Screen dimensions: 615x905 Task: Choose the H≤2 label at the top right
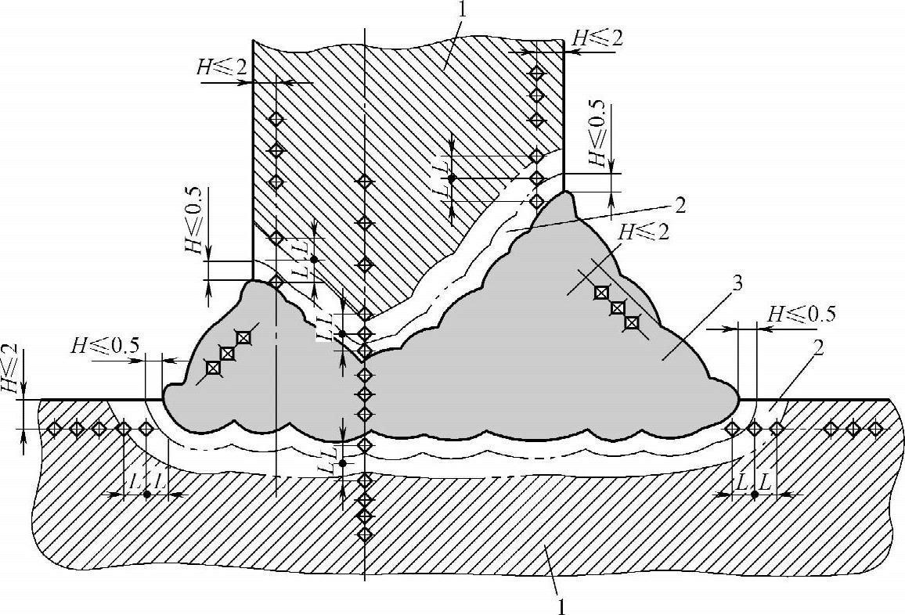(x=598, y=37)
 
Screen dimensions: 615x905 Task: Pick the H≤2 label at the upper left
(x=222, y=67)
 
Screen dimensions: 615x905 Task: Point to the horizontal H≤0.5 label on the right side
(x=801, y=315)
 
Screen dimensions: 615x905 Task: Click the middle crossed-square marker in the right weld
(x=617, y=307)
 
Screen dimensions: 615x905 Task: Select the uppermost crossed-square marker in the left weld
(x=243, y=338)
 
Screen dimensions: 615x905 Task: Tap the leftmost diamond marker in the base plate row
(x=54, y=428)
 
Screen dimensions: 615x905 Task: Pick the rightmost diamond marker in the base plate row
(x=876, y=428)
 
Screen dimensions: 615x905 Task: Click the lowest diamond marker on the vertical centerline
(x=365, y=534)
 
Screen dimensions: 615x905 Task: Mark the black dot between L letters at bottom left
(x=147, y=495)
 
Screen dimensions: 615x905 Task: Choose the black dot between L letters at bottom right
(x=754, y=495)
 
